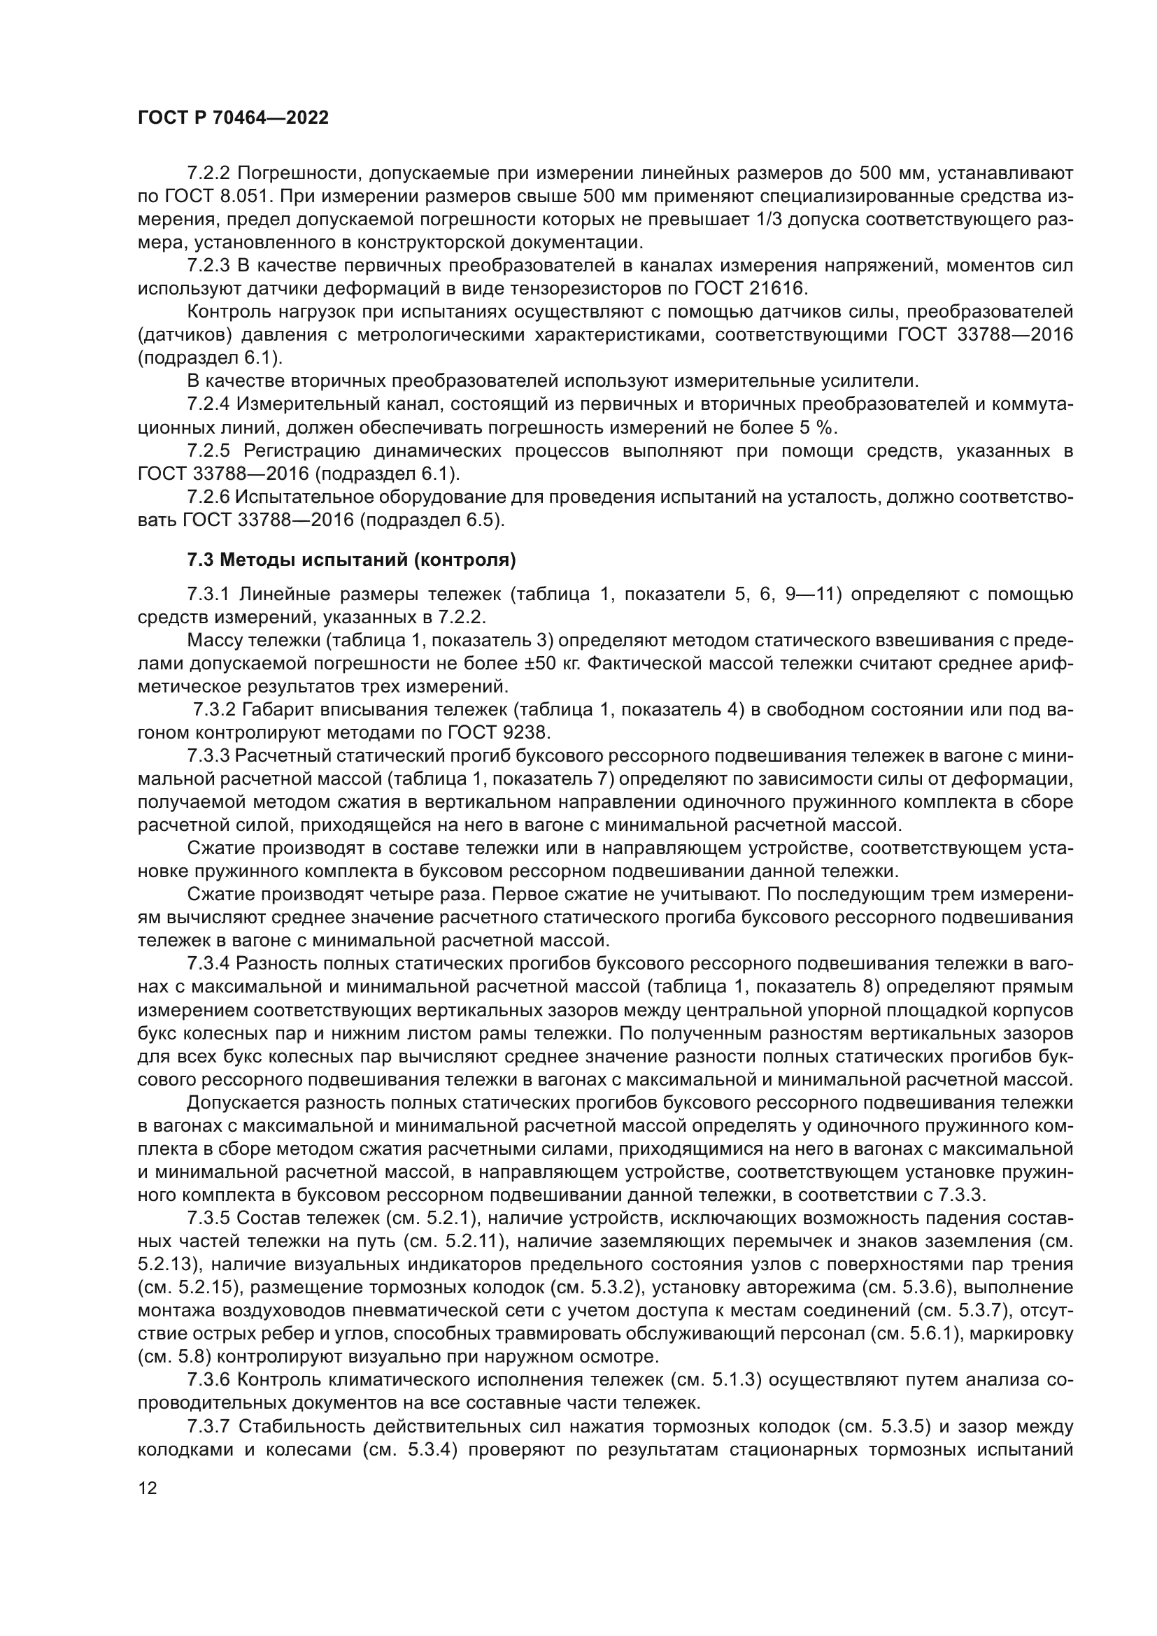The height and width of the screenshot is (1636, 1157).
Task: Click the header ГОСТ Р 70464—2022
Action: point(233,118)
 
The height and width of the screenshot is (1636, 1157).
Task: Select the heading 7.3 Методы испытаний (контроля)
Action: point(350,560)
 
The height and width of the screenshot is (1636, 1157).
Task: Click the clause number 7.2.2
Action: point(208,173)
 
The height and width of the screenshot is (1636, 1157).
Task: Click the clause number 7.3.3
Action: point(208,755)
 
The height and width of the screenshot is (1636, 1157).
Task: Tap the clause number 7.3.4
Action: point(208,963)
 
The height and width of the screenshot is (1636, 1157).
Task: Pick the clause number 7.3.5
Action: point(208,1218)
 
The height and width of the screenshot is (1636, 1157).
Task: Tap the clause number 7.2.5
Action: point(208,451)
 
